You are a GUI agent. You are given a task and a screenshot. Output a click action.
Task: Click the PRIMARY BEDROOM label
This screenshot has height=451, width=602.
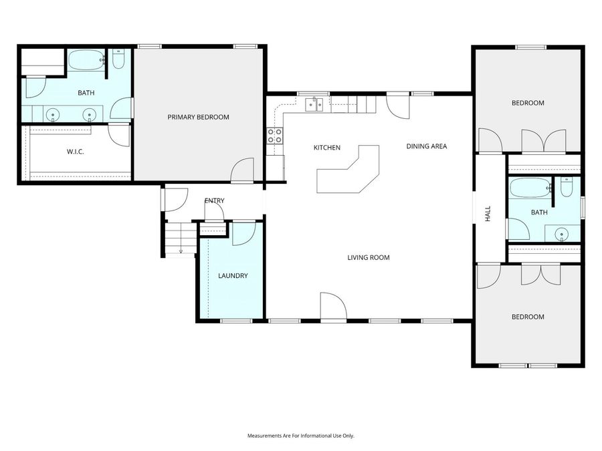pos(198,117)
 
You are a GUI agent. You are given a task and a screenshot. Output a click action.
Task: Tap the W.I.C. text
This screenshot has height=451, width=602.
pos(75,152)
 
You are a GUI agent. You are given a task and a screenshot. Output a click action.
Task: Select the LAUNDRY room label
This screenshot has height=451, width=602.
pos(233,275)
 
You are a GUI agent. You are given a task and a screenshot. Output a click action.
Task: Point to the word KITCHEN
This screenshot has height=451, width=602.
pos(327,148)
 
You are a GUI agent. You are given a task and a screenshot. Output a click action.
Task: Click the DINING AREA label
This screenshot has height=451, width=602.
pos(426,146)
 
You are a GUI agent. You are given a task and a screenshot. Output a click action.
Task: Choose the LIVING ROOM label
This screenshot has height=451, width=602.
pos(368,257)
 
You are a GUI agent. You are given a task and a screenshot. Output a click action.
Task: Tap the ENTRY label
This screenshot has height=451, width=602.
pos(214,200)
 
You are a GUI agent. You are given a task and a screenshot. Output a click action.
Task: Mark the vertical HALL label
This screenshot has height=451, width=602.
pos(488,214)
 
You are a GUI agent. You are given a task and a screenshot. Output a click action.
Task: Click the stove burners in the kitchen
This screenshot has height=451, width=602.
pos(274,136)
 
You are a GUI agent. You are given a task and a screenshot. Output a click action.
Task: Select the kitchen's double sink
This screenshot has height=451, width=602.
pos(314,104)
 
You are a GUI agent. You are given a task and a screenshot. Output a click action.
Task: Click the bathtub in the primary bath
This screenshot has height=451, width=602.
pos(86,60)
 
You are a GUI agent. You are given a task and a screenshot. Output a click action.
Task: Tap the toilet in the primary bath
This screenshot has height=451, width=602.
pos(118,60)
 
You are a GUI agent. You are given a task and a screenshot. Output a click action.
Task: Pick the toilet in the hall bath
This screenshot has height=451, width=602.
pos(567,188)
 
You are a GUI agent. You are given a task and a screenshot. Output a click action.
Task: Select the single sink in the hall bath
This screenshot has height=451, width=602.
pos(561,234)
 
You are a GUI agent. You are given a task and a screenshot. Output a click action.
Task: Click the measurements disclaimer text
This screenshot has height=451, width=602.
pos(300,436)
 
